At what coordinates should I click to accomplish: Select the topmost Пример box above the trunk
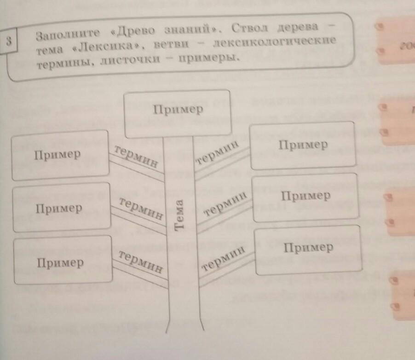[178, 113]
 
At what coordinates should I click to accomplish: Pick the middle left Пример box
[60, 209]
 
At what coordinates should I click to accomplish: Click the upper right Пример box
[302, 145]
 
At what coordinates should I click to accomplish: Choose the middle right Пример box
[305, 197]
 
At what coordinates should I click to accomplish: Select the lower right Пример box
[308, 249]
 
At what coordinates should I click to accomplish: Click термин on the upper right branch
[218, 153]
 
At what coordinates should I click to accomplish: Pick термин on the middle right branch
[225, 204]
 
